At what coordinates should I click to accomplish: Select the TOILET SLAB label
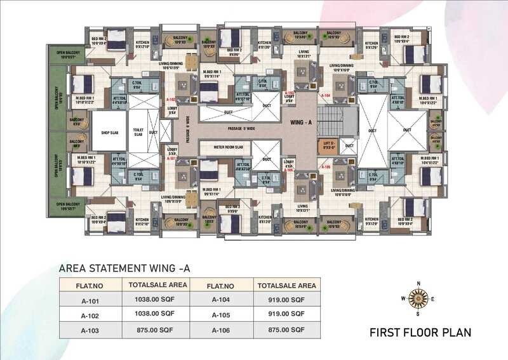coord(137,133)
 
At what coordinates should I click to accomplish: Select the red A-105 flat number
coord(325,166)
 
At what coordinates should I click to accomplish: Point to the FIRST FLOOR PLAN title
coord(420,332)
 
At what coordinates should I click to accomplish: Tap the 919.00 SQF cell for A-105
coord(284,314)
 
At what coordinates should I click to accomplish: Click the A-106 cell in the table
coord(220,330)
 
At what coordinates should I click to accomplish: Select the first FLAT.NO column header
coord(91,285)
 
